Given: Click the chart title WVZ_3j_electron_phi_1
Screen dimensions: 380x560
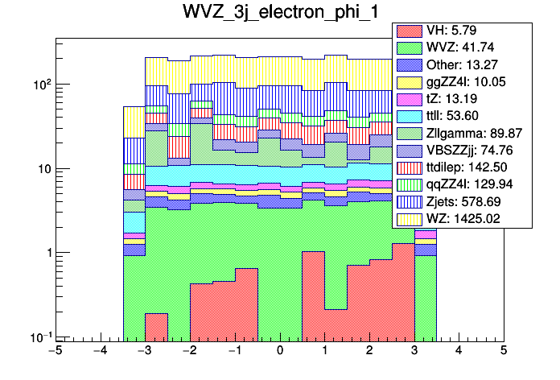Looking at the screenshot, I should click(x=279, y=14).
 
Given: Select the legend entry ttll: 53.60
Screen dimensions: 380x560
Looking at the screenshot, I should click(x=463, y=117).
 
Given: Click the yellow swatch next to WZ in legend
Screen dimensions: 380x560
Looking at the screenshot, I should click(x=410, y=218).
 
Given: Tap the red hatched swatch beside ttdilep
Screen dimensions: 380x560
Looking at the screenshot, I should click(x=410, y=167).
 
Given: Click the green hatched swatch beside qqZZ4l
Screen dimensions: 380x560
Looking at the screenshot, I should click(x=410, y=184).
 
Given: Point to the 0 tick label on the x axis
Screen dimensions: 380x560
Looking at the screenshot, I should click(x=279, y=352).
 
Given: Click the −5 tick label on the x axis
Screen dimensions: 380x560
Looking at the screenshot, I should click(x=55, y=352).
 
